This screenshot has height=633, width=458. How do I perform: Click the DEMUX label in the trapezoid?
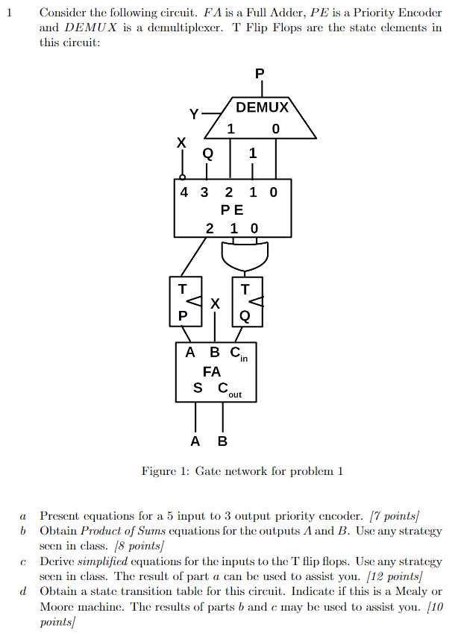click(262, 107)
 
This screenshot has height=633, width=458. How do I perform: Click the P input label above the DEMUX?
click(259, 74)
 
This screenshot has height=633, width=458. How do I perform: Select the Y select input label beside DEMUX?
click(194, 114)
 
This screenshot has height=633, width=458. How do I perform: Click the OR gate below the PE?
click(244, 257)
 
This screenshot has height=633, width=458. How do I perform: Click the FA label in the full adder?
click(211, 371)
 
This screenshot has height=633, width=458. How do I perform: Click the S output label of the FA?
click(197, 388)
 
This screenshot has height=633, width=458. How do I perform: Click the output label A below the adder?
click(195, 441)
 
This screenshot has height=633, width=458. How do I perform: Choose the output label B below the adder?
click(222, 441)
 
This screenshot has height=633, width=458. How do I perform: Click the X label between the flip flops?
click(215, 303)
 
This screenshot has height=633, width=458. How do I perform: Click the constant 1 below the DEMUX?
click(252, 154)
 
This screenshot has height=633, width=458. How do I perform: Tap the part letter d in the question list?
click(23, 591)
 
